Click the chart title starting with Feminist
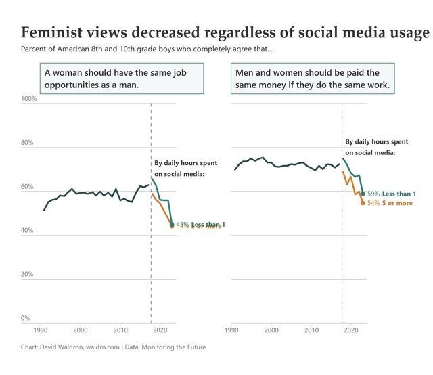tap(225, 33)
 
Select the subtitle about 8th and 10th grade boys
tap(147, 49)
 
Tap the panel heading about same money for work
tap(312, 79)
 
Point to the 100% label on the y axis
tap(29, 99)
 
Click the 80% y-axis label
tap(29, 143)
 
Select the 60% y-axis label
tap(29, 187)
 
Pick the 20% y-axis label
tap(29, 275)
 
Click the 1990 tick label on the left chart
tap(40, 331)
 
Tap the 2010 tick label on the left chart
tap(120, 331)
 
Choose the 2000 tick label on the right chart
tap(271, 331)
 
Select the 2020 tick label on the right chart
tap(351, 331)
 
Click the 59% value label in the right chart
tap(373, 194)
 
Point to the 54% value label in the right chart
tap(373, 203)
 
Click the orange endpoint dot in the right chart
tap(363, 203)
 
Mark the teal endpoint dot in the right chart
tap(363, 194)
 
